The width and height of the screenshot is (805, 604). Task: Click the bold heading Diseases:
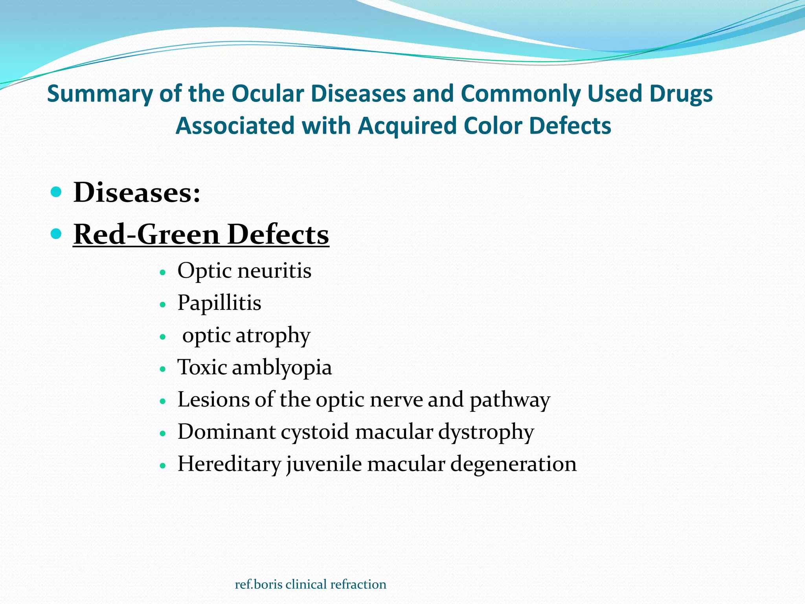(x=137, y=193)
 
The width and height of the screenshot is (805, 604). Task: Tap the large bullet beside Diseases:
(x=57, y=192)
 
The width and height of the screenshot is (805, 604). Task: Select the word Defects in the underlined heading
(x=278, y=234)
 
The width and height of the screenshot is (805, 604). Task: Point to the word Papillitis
(x=219, y=303)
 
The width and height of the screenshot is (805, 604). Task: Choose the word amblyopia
(x=282, y=368)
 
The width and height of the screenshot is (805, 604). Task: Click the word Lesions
(x=213, y=400)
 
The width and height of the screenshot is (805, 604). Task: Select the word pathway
(x=510, y=400)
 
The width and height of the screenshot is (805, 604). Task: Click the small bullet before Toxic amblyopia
(x=163, y=369)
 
